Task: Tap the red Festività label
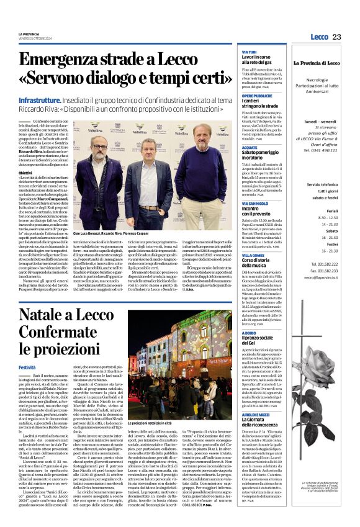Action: (x=27, y=367)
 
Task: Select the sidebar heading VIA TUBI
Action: (x=249, y=53)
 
